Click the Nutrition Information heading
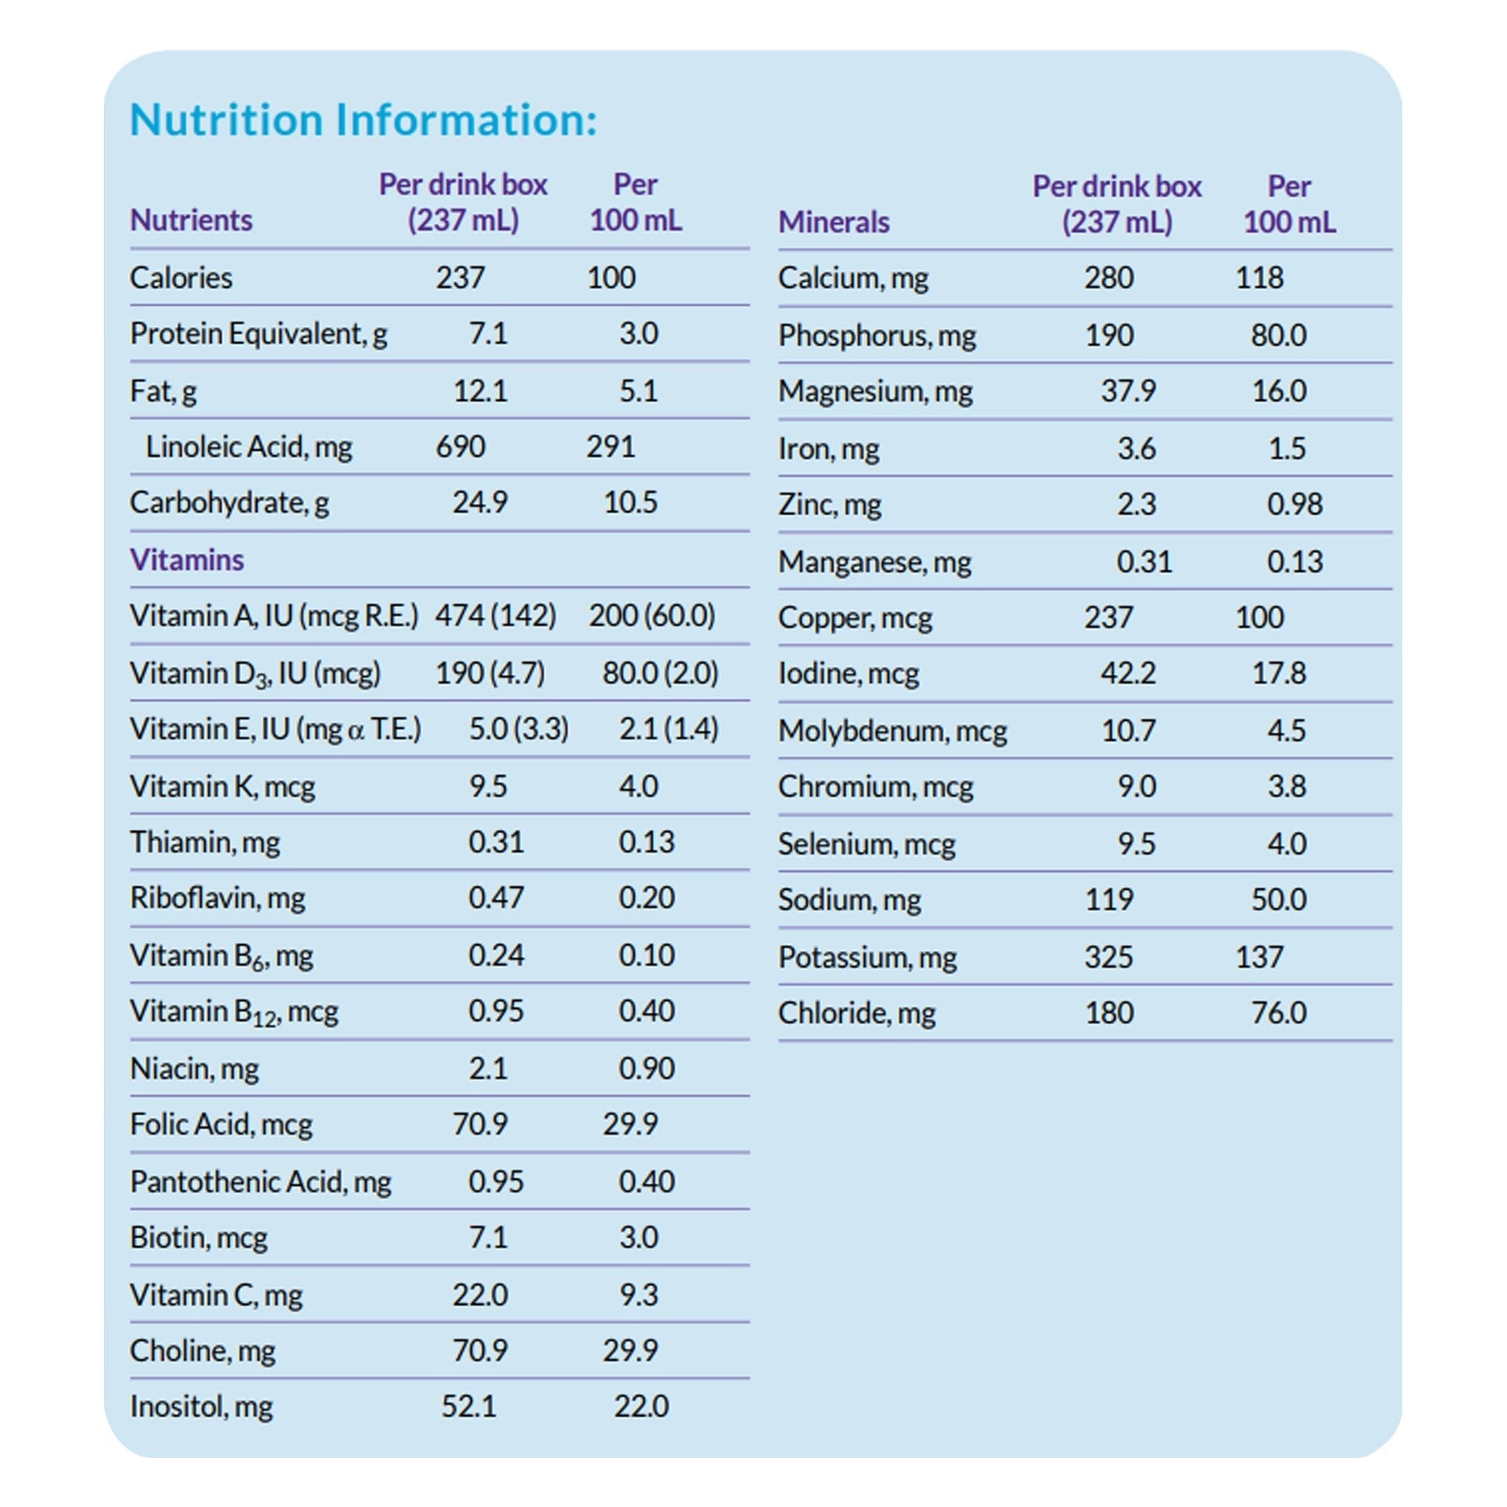point(362,119)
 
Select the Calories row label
point(181,278)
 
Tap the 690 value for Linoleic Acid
point(460,446)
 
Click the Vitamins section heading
point(186,559)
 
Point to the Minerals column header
point(833,222)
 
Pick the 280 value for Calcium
point(1108,278)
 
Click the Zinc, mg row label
point(829,504)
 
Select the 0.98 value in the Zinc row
point(1294,504)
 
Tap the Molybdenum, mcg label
point(892,730)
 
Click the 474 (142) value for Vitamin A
point(495,616)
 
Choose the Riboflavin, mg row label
point(217,898)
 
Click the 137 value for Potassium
point(1259,956)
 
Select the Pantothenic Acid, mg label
point(261,1181)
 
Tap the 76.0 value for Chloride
point(1279,1013)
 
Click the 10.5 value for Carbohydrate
point(630,503)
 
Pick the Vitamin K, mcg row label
point(222,785)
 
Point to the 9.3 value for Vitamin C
point(638,1294)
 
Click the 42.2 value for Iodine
point(1128,672)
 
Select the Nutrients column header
point(191,220)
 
